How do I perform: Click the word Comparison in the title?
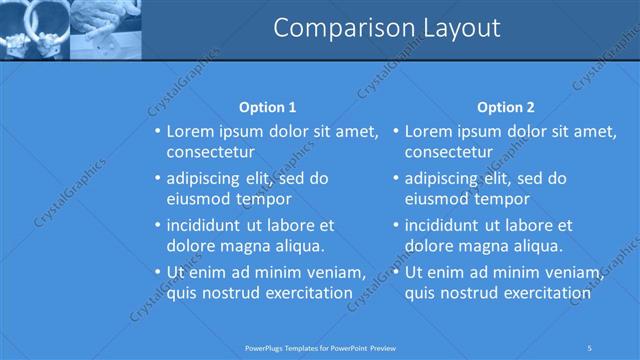(334, 28)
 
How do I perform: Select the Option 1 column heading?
(268, 107)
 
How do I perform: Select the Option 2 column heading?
(506, 107)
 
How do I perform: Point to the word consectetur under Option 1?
(210, 152)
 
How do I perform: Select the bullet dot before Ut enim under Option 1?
(156, 272)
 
